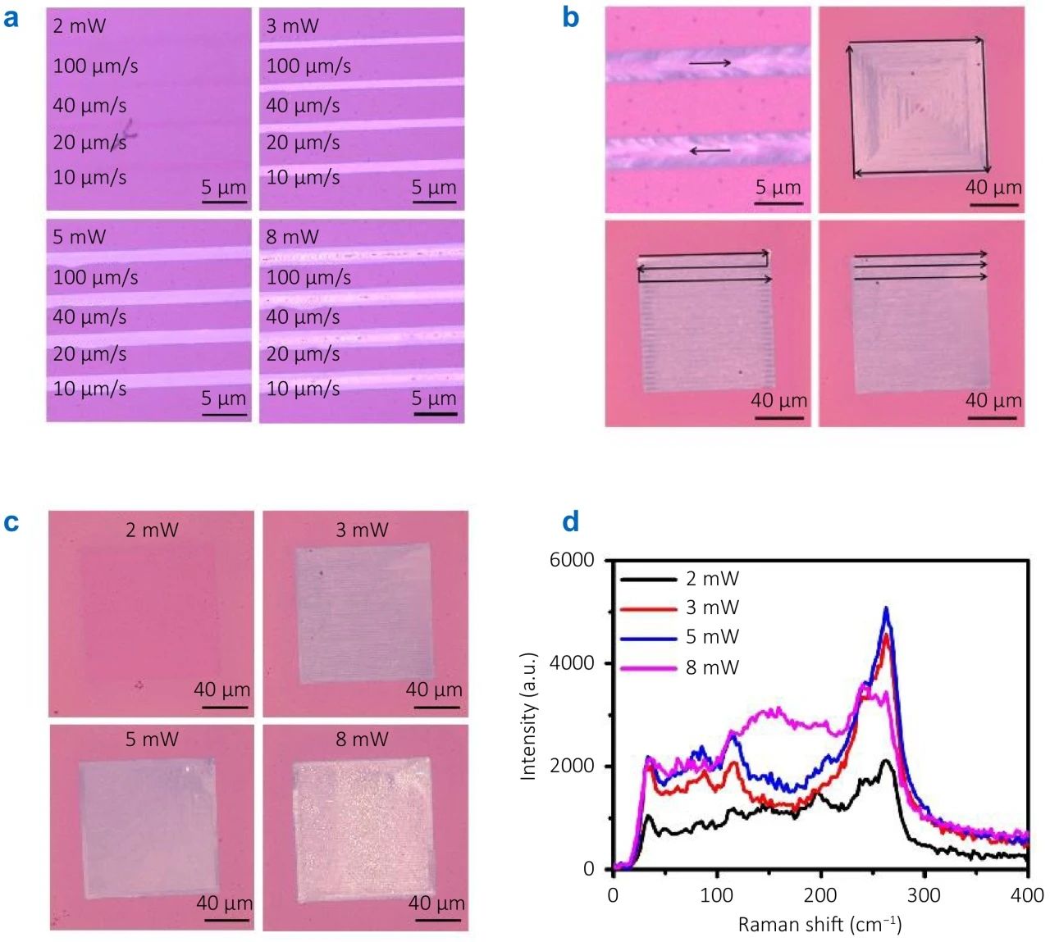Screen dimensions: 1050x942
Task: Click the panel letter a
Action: [11, 19]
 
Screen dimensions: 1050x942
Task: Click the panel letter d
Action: [571, 521]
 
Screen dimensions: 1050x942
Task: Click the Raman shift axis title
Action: [819, 924]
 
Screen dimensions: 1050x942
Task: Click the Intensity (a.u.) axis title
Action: [527, 716]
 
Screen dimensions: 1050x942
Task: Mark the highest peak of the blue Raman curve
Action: [886, 608]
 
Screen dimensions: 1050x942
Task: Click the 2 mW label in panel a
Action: [80, 26]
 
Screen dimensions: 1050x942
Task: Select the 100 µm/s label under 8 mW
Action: [308, 277]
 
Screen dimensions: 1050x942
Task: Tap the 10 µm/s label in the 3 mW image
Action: [303, 177]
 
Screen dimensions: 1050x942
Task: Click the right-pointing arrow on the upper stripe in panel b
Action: [710, 63]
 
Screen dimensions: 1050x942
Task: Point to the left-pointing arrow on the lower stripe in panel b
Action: [710, 151]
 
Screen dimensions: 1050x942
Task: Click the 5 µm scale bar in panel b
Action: [778, 203]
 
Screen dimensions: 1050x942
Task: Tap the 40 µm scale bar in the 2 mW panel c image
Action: [225, 707]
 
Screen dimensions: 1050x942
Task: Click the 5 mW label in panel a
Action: [80, 237]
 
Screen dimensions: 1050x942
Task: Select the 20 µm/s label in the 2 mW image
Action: [89, 143]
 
